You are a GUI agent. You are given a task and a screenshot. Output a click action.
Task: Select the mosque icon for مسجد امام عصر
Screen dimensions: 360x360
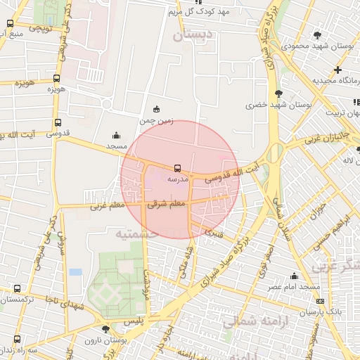coord(294,276)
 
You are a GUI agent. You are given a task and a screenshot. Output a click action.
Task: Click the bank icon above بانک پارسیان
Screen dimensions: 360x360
coord(321,300)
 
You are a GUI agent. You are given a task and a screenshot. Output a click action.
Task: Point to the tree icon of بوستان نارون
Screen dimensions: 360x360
coord(105,328)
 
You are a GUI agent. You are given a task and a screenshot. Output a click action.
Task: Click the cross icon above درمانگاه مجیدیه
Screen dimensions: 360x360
coord(338,70)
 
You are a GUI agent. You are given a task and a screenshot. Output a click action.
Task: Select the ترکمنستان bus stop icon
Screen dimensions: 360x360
coord(18,288)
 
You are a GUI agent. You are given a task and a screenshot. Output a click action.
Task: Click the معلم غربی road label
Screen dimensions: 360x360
coord(106,206)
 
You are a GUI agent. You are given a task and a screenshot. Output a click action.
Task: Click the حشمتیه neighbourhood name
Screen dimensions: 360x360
coord(136,233)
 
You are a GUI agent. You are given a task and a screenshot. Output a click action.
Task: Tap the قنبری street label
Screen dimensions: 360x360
coord(214,230)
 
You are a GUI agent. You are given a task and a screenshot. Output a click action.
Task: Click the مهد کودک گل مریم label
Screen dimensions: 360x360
coord(205,13)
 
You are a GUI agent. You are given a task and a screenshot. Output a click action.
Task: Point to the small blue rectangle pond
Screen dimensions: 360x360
coord(75,272)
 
